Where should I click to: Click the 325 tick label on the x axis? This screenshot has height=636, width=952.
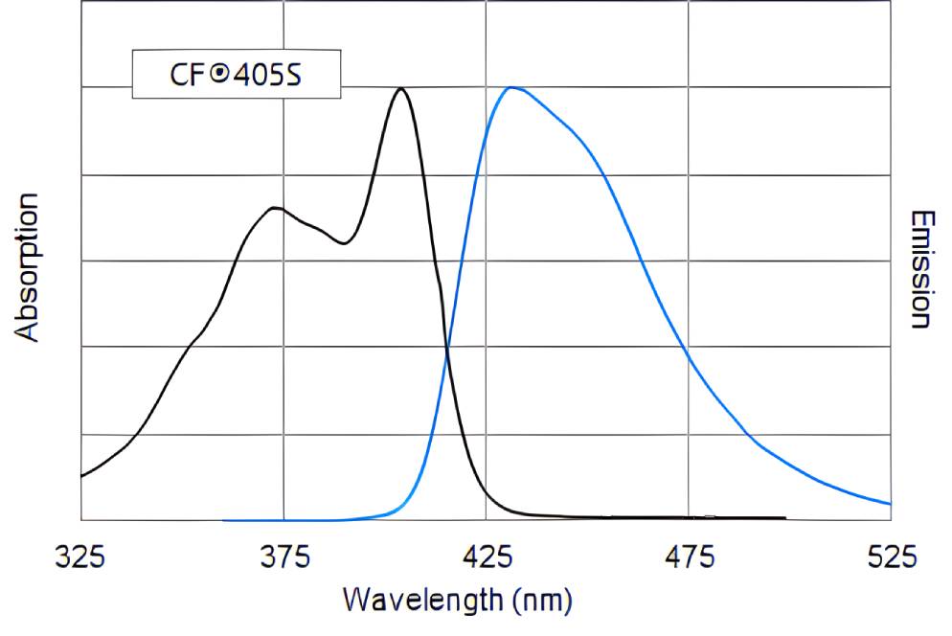pyautogui.click(x=81, y=556)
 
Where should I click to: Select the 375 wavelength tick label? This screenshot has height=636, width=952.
pyautogui.click(x=283, y=556)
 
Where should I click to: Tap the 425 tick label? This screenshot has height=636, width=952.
pyautogui.click(x=487, y=556)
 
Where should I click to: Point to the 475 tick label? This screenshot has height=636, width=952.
pyautogui.click(x=690, y=556)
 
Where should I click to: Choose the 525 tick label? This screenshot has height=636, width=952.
pyautogui.click(x=891, y=556)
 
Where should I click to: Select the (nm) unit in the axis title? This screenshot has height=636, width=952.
pyautogui.click(x=543, y=601)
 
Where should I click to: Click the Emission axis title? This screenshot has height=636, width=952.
pyautogui.click(x=921, y=269)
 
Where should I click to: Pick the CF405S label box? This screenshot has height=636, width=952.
pyautogui.click(x=236, y=75)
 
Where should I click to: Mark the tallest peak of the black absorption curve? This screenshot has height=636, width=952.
pyautogui.click(x=400, y=89)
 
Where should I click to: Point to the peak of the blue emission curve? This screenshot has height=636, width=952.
pyautogui.click(x=512, y=88)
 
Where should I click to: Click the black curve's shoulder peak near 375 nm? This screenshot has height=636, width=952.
pyautogui.click(x=276, y=208)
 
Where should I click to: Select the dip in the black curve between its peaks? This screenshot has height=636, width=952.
pyautogui.click(x=344, y=243)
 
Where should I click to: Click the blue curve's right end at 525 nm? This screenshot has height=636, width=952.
pyautogui.click(x=889, y=503)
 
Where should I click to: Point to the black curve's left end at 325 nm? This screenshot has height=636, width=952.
pyautogui.click(x=83, y=475)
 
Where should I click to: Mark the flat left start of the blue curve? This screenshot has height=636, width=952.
pyautogui.click(x=230, y=520)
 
